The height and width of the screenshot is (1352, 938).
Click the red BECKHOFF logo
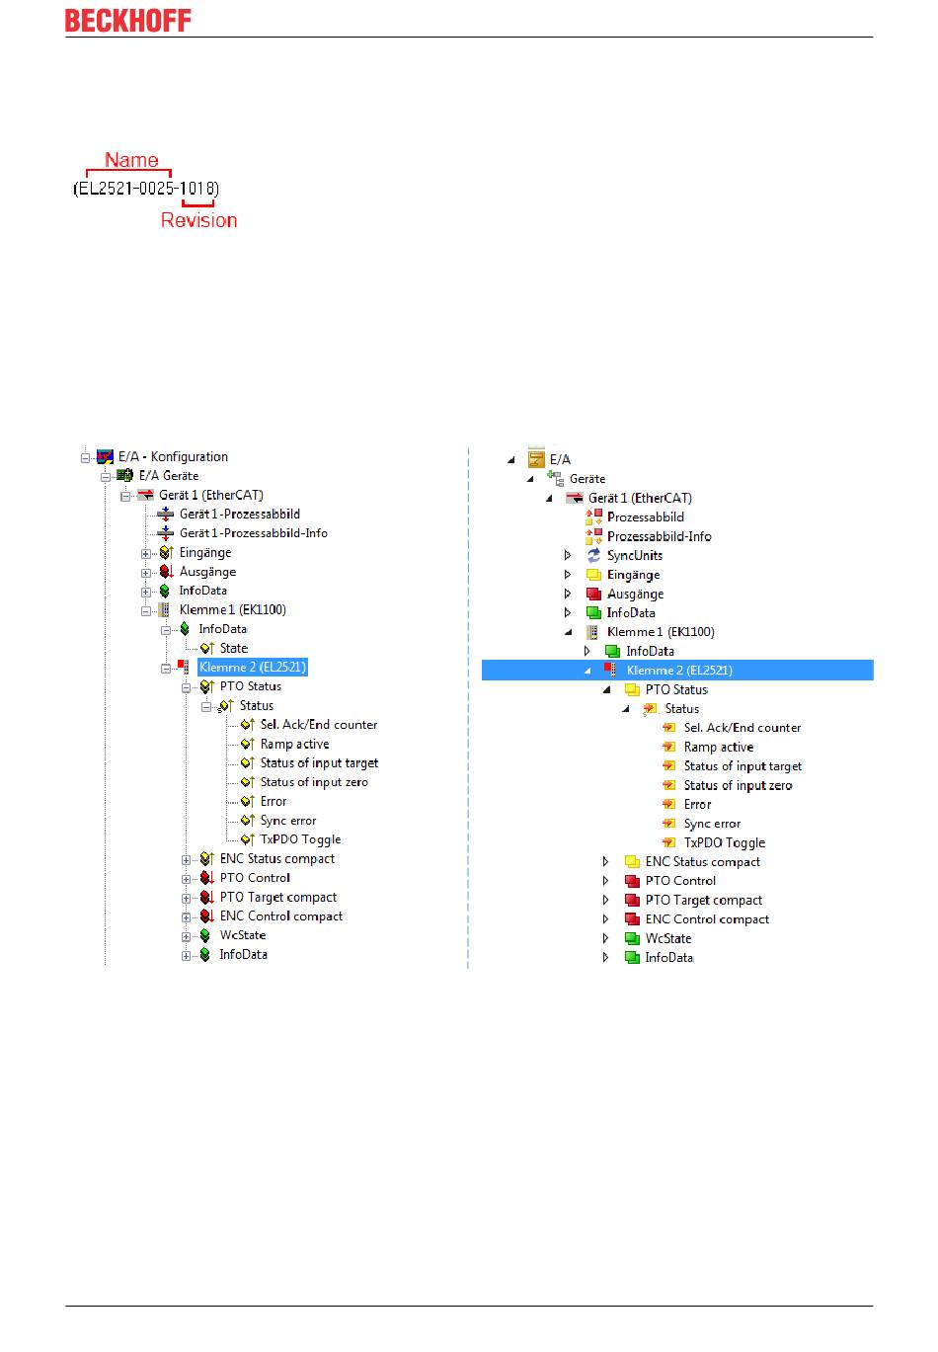tap(127, 21)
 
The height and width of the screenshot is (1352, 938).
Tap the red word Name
tap(131, 160)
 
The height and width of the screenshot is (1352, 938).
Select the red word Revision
tap(198, 220)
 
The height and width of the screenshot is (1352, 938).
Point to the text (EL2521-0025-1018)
tap(146, 188)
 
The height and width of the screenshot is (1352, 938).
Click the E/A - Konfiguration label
tap(173, 456)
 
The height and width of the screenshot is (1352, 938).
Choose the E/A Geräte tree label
tap(168, 475)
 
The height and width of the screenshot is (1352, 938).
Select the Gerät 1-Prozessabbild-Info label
tap(253, 532)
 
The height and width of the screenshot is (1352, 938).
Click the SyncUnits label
tap(634, 555)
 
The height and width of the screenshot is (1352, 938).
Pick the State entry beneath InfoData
tap(233, 648)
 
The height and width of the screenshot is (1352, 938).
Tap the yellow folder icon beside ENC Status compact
tap(632, 862)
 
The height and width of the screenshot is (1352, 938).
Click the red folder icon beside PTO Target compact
tap(632, 900)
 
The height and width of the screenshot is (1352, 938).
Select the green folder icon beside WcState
tap(632, 938)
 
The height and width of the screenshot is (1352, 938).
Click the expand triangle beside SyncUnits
tap(568, 555)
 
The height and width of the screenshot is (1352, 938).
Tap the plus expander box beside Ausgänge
tap(146, 572)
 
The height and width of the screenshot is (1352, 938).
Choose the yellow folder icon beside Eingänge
tap(593, 575)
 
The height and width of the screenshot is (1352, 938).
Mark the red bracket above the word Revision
tap(197, 203)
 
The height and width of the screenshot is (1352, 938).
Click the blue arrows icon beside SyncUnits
tap(593, 555)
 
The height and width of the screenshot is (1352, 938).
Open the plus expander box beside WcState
tap(186, 935)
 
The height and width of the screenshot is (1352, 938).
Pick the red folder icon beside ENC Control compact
tap(632, 919)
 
